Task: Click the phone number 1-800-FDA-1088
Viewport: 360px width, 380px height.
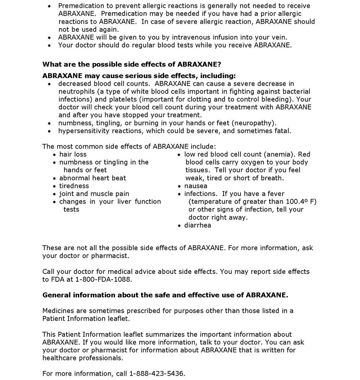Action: click(x=104, y=279)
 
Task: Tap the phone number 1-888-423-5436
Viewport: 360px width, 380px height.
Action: click(x=157, y=374)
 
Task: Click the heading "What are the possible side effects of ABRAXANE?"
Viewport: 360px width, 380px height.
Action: click(x=132, y=64)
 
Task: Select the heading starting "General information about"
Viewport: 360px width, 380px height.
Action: click(x=165, y=295)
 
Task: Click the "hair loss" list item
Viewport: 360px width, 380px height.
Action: click(x=73, y=154)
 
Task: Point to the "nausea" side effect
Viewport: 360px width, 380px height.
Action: click(x=196, y=186)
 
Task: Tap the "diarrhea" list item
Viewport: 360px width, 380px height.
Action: click(x=198, y=225)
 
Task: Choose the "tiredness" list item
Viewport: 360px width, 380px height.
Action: click(x=74, y=186)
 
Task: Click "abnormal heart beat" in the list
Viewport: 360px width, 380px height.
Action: click(x=93, y=178)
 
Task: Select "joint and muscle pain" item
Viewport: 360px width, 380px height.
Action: click(x=94, y=194)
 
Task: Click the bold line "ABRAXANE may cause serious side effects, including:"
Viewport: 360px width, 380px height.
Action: click(x=139, y=76)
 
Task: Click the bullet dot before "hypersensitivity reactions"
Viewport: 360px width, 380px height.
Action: click(x=50, y=131)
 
